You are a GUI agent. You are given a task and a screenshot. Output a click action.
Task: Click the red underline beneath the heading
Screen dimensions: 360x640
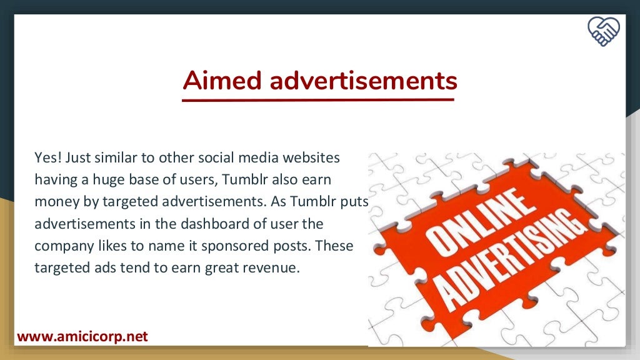(318, 99)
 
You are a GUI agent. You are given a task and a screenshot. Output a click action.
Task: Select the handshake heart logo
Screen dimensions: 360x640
(604, 31)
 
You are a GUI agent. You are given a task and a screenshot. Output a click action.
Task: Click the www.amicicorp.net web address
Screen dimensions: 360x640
(82, 337)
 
